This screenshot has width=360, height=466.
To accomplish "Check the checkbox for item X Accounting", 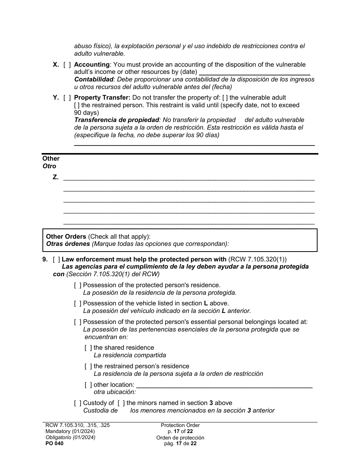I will (67, 65).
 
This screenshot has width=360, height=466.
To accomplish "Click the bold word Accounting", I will (92, 65).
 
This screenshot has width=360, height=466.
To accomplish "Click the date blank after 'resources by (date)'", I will (254, 72).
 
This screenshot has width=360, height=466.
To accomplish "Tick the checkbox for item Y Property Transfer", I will (67, 98).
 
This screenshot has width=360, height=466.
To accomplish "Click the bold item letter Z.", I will (56, 177).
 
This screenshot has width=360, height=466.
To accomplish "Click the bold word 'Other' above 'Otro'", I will (51, 159).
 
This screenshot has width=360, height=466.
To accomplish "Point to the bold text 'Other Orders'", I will (66, 237).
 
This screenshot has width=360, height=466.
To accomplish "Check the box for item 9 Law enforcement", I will (56, 260).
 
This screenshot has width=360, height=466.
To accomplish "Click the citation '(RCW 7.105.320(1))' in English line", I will (258, 260).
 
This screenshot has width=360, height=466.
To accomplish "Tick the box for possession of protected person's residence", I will (78, 285).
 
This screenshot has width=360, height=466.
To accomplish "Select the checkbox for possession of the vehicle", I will (78, 303).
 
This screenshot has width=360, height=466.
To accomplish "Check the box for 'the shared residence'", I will (88, 348).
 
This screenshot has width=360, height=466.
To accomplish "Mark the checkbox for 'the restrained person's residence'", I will (88, 366).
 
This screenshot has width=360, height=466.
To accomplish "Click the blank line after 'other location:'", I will (224, 385).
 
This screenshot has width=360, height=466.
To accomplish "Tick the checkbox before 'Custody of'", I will (78, 403).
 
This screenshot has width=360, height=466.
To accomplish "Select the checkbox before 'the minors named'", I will (121, 403).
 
